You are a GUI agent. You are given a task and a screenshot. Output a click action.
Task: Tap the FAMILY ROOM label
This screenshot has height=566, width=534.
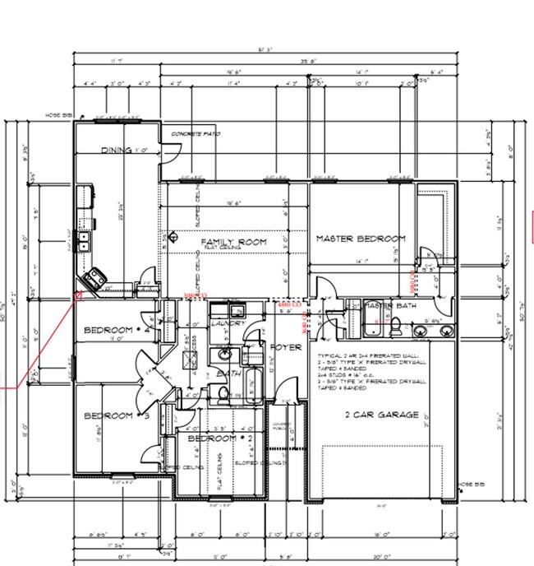(234, 242)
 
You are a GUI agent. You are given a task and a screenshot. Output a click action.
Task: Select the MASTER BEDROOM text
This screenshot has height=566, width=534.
(361, 239)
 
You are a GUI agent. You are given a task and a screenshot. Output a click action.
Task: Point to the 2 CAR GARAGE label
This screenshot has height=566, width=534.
(381, 415)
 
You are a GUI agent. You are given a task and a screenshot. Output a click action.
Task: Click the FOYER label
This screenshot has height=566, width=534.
(285, 348)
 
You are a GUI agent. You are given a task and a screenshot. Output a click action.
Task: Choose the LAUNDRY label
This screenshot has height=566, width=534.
(226, 324)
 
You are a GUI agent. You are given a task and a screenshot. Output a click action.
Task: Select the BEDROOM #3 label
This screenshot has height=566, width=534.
(117, 415)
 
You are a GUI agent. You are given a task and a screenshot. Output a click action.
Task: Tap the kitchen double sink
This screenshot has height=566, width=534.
(84, 240)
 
